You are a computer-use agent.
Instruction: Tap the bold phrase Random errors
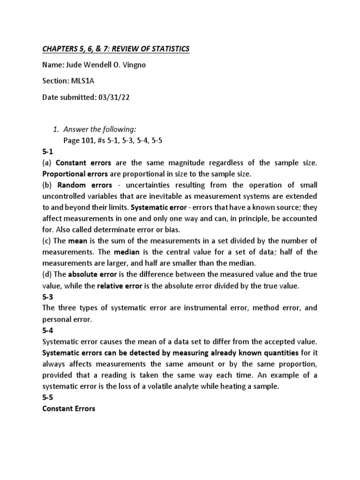[x=85, y=184]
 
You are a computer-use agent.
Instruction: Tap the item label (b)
[x=47, y=184]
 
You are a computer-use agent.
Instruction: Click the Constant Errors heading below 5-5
[x=69, y=409]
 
